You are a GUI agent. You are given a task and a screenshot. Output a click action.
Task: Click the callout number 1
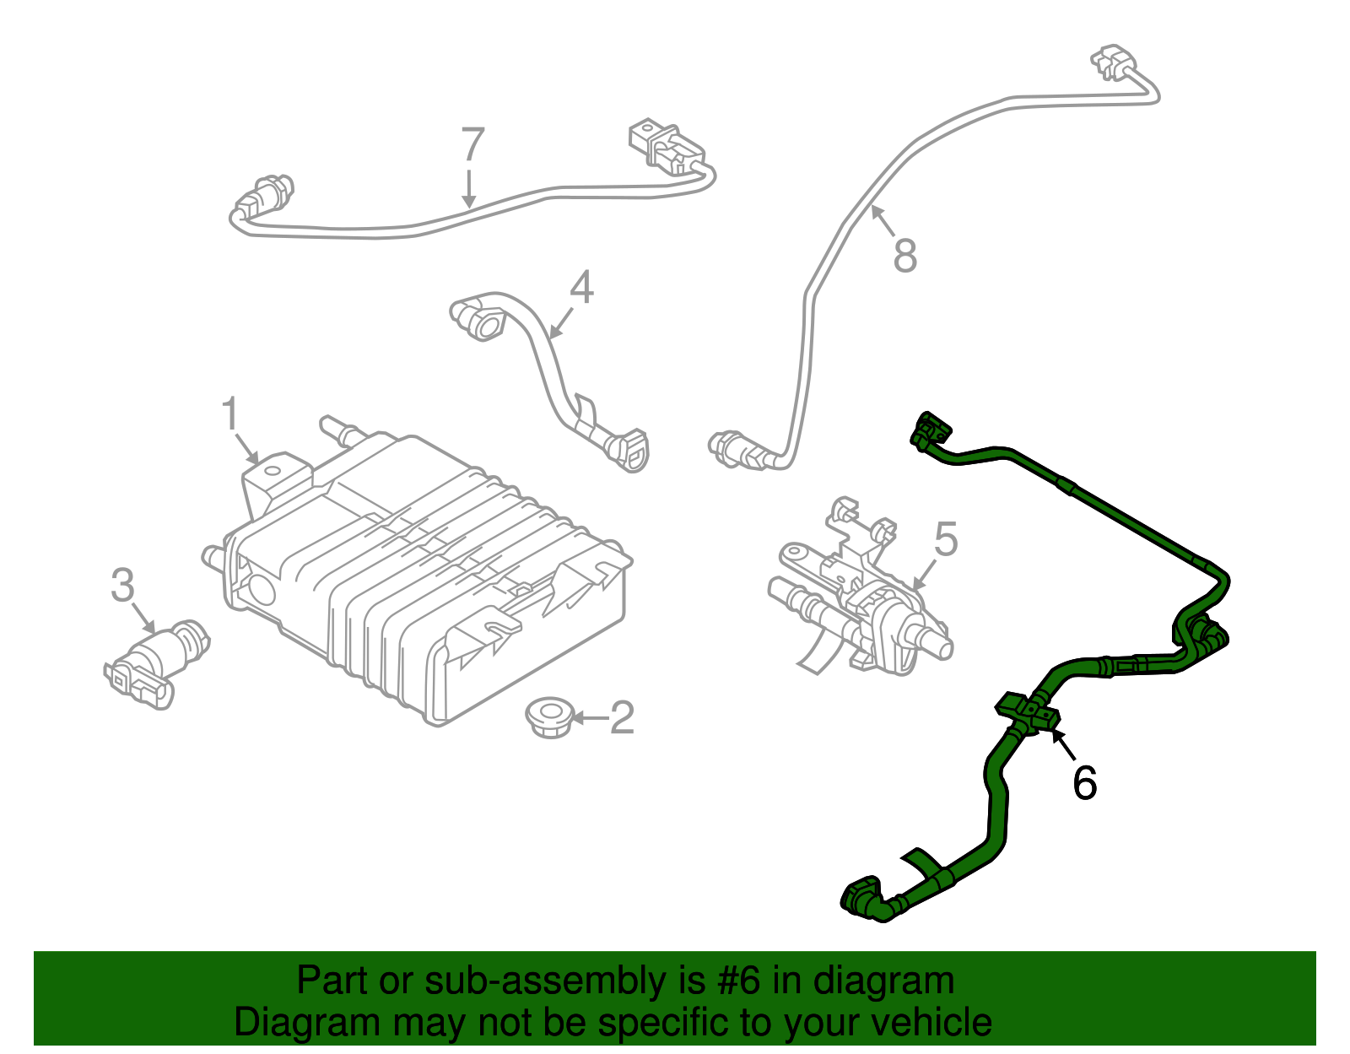229,415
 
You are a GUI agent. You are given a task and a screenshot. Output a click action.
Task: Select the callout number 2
622,717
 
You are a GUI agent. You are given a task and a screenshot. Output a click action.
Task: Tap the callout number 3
122,585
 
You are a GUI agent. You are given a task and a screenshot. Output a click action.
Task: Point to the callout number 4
581,287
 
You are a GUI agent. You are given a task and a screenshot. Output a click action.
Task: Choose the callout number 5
946,539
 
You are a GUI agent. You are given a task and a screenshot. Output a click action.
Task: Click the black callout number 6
1084,783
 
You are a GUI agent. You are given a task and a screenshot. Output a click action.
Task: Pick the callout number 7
472,144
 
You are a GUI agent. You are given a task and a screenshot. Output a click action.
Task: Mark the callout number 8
904,255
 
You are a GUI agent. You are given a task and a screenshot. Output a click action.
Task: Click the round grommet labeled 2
549,717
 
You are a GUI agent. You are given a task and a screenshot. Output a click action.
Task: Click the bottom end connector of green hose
862,899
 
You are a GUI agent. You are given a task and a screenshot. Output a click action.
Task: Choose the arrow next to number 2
591,718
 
